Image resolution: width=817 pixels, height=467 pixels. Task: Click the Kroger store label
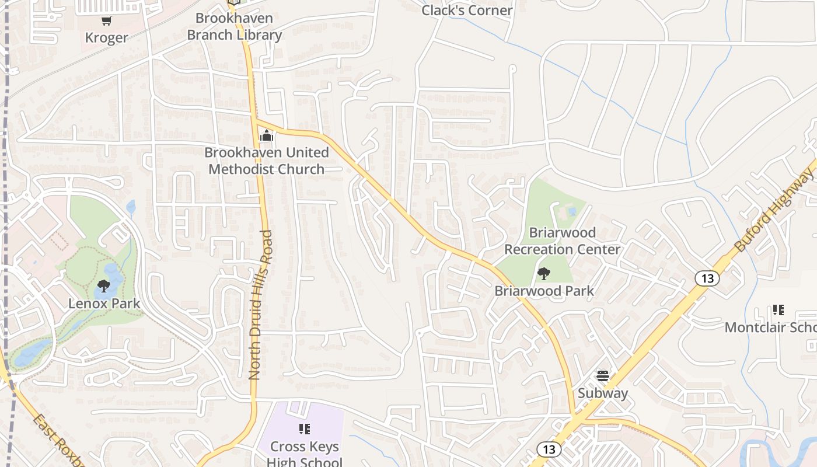pyautogui.click(x=106, y=38)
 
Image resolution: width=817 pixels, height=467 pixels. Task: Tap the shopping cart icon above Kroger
pyautogui.click(x=106, y=21)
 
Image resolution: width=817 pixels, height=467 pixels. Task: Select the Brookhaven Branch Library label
pyautogui.click(x=234, y=27)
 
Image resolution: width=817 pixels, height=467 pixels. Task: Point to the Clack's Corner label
pyautogui.click(x=467, y=11)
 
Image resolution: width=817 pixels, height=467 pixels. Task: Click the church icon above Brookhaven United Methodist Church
pyautogui.click(x=267, y=136)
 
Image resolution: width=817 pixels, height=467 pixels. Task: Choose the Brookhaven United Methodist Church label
pyautogui.click(x=267, y=161)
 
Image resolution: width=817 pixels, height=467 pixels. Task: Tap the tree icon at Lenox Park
pyautogui.click(x=104, y=286)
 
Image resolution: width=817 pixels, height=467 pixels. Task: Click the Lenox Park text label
pyautogui.click(x=104, y=304)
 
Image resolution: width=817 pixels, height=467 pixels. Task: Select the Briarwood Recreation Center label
pyautogui.click(x=563, y=241)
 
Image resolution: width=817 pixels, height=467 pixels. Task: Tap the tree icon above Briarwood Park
pyautogui.click(x=544, y=273)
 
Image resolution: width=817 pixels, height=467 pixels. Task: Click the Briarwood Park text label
pyautogui.click(x=544, y=291)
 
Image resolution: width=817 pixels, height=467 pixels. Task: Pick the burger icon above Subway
pyautogui.click(x=603, y=376)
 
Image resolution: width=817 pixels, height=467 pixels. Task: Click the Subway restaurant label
pyautogui.click(x=603, y=393)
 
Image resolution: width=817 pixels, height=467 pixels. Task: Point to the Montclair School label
pyautogui.click(x=770, y=327)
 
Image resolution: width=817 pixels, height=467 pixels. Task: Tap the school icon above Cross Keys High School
pyautogui.click(x=304, y=430)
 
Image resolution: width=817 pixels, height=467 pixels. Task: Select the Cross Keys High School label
pyautogui.click(x=305, y=455)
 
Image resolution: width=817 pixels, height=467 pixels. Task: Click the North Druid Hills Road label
pyautogui.click(x=260, y=305)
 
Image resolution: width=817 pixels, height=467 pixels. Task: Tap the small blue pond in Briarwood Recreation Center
pyautogui.click(x=572, y=211)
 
